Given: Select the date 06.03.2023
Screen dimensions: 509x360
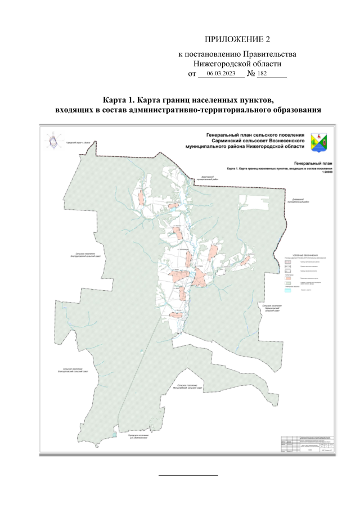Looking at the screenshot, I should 220,74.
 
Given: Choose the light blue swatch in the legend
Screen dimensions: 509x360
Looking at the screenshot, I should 288,289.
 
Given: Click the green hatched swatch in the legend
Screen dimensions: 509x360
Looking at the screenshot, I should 288,283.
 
